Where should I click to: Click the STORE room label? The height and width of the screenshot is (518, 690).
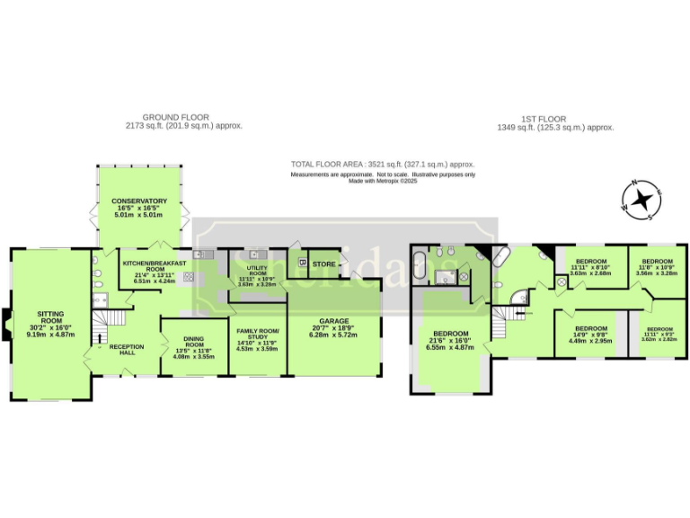[x=324, y=263]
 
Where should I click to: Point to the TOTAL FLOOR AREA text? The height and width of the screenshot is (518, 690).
[x=382, y=165]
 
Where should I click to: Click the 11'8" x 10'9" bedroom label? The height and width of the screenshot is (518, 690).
[x=651, y=266]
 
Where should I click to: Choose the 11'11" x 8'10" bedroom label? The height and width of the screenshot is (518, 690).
[x=590, y=267]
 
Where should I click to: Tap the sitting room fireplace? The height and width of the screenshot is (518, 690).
[x=9, y=321]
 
